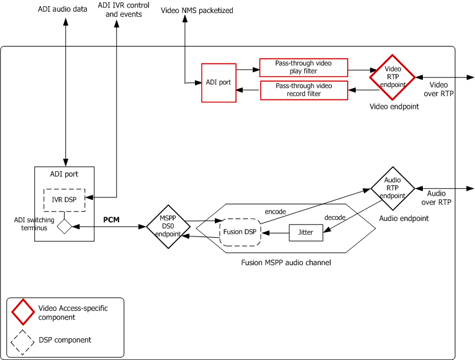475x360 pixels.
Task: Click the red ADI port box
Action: coord(219,83)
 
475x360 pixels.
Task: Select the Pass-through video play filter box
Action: coord(303,67)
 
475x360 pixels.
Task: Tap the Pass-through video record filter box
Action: coord(303,90)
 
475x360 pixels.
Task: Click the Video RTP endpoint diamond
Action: coord(392,77)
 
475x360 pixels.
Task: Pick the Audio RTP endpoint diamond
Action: coord(392,188)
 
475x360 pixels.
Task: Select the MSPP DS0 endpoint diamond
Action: coord(168,227)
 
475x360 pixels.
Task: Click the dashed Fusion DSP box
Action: coord(240,232)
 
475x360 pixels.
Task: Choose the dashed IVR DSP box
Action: coord(64,199)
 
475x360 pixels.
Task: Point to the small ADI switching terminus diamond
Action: coord(65,227)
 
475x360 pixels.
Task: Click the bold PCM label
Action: coord(112,220)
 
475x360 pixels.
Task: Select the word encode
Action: coord(275,212)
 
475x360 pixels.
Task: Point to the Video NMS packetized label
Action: coord(197,11)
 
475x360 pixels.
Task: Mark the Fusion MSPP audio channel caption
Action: coord(286,263)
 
